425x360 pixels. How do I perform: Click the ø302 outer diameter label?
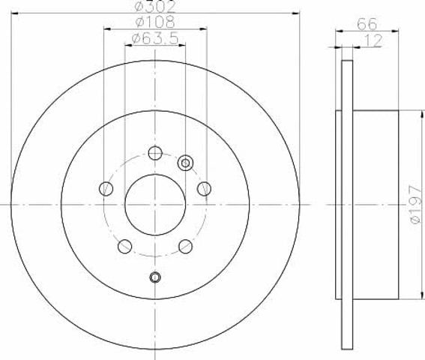click(x=155, y=7)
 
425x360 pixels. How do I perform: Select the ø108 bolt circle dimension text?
click(x=155, y=22)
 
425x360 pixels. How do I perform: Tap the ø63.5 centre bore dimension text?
click(x=155, y=38)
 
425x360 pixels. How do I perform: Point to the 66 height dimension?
click(x=367, y=24)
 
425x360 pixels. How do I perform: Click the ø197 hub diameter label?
click(x=416, y=204)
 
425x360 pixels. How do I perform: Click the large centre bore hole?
click(x=155, y=205)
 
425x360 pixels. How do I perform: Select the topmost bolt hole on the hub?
click(x=155, y=153)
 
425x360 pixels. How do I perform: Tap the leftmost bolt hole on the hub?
click(x=106, y=189)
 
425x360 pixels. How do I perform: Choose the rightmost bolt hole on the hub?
click(x=205, y=189)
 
